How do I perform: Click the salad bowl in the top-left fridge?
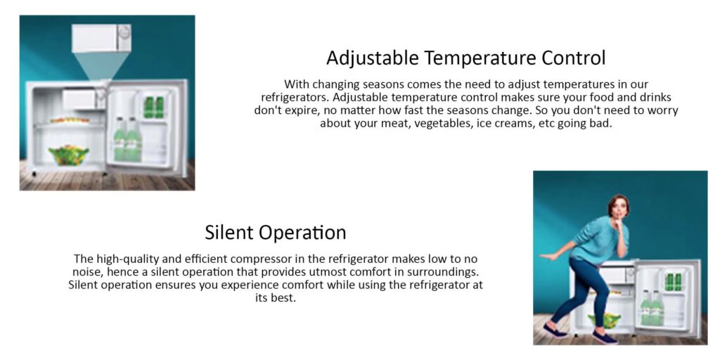click(69, 155)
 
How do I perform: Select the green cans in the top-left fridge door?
click(153, 107)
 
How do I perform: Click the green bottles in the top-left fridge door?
click(127, 139)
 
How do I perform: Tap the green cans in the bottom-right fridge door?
click(674, 281)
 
